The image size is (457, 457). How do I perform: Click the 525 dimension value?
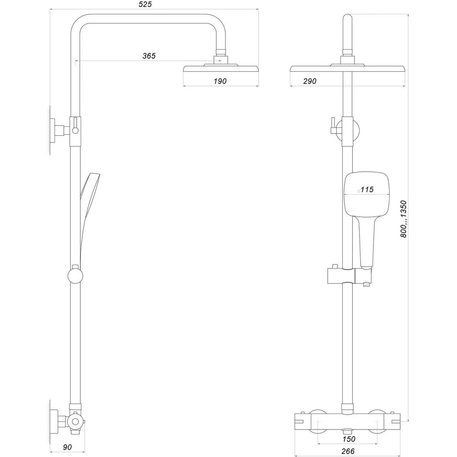click(145, 5)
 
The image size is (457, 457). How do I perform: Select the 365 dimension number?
click(149, 56)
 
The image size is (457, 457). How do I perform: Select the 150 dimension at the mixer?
click(349, 439)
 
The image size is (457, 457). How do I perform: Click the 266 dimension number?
click(349, 452)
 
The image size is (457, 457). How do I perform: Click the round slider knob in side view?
click(75, 276)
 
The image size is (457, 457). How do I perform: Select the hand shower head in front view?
click(367, 194)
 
